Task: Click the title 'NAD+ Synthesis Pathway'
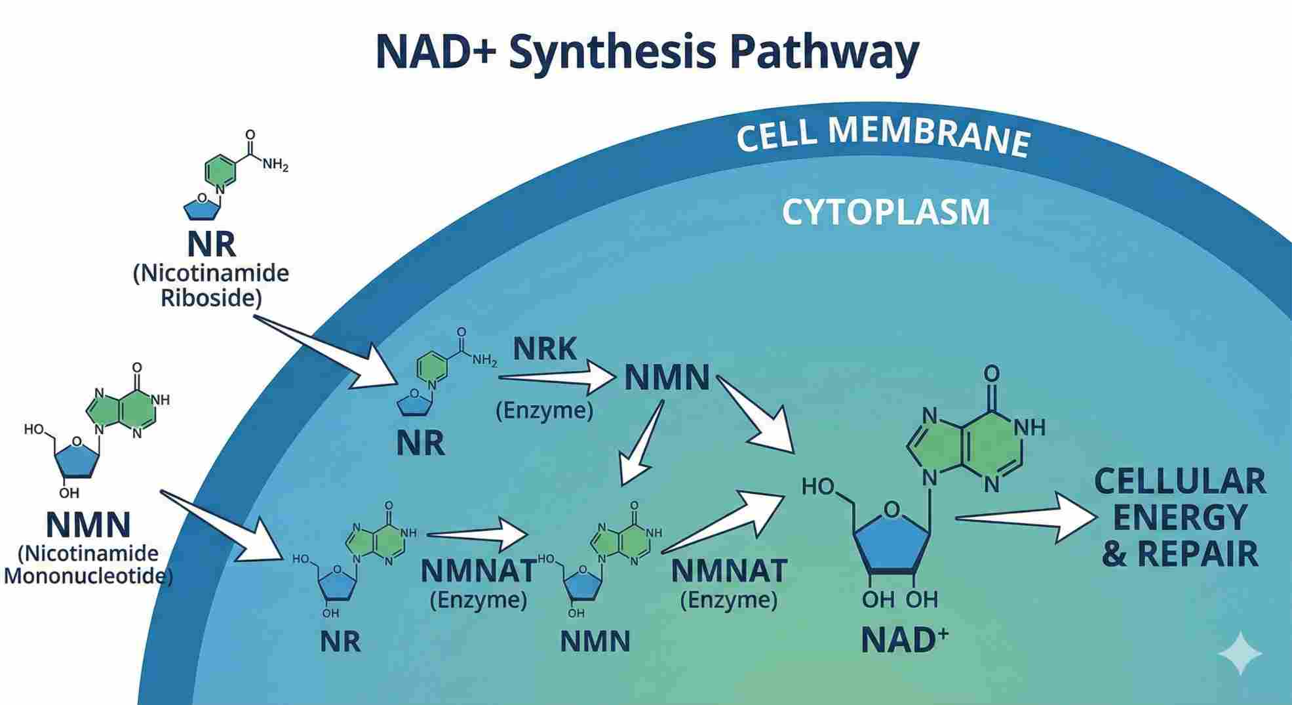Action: pyautogui.click(x=646, y=52)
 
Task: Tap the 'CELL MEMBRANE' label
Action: pyautogui.click(x=882, y=139)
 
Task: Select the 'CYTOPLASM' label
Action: pyautogui.click(x=886, y=212)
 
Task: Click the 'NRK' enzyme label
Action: pyautogui.click(x=544, y=349)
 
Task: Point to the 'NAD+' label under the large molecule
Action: pyautogui.click(x=903, y=639)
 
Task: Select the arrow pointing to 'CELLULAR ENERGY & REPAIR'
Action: pyautogui.click(x=1029, y=518)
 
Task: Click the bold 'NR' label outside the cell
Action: pyautogui.click(x=211, y=245)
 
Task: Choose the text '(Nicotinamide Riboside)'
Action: pyautogui.click(x=211, y=285)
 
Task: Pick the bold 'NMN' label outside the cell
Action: pyautogui.click(x=88, y=524)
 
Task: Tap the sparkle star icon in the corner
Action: pyautogui.click(x=1240, y=653)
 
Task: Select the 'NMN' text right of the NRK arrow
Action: pyautogui.click(x=667, y=378)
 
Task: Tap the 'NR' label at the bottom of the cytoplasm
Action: pyautogui.click(x=340, y=641)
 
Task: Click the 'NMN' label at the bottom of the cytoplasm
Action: pyautogui.click(x=595, y=641)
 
